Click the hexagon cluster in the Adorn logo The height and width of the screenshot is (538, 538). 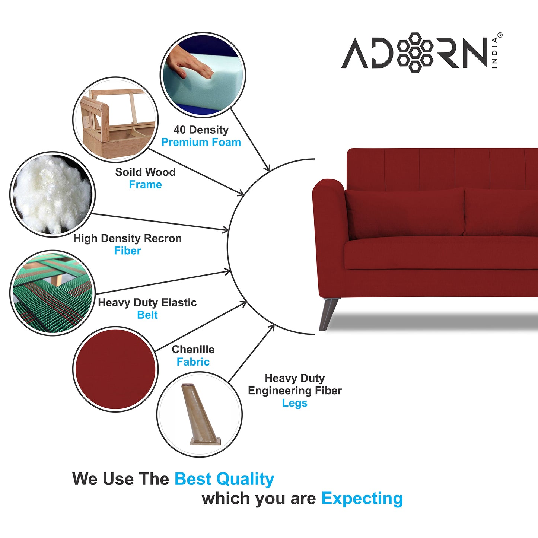(415, 52)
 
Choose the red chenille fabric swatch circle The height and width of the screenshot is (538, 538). (115, 369)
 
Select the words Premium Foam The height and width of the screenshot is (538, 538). (201, 142)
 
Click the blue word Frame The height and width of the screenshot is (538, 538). (145, 185)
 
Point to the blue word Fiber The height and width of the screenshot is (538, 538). (127, 251)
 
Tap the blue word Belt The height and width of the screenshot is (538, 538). (147, 315)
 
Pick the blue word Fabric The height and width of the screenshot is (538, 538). (193, 362)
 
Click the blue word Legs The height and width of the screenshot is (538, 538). (295, 403)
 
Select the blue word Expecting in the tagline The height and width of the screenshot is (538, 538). (362, 498)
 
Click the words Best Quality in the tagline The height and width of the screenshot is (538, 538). (224, 479)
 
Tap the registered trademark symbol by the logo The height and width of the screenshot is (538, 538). (500, 35)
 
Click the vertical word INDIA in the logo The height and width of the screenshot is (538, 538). (494, 52)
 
